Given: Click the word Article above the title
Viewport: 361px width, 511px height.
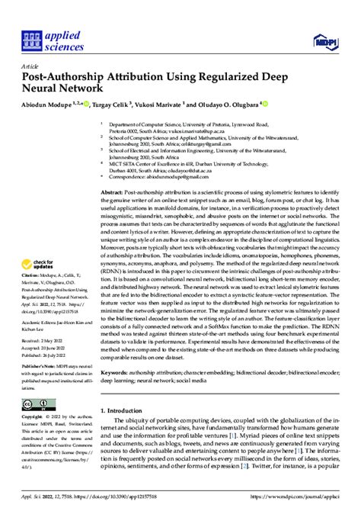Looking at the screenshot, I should click(x=32, y=66).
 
